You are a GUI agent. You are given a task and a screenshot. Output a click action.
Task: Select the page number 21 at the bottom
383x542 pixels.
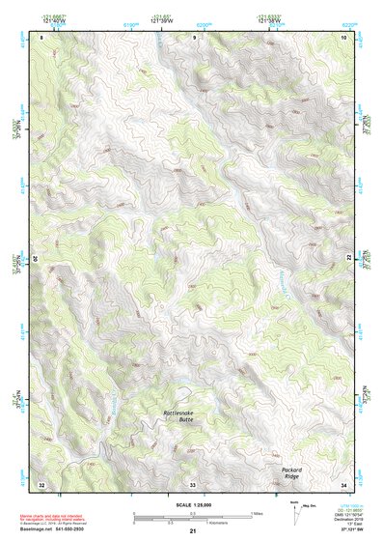coord(192,531)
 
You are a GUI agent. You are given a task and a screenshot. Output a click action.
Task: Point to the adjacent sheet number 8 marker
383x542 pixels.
coord(41,37)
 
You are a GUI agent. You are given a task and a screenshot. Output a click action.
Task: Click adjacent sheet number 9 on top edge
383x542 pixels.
coord(193,37)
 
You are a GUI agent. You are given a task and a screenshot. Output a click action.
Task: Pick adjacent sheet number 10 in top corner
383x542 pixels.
coord(343,37)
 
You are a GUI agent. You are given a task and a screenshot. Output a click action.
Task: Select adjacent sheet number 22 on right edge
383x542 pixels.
coord(348,259)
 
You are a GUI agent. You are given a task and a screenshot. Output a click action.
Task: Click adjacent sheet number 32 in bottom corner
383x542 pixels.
coord(41,483)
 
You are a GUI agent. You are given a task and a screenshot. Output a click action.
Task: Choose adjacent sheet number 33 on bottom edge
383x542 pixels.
coord(193,483)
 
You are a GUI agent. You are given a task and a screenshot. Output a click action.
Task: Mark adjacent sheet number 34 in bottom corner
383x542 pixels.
coord(343,483)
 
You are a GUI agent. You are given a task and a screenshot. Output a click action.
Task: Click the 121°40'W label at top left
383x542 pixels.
coord(55,21)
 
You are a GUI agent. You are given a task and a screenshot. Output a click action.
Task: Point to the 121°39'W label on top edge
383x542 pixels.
coord(161,21)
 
